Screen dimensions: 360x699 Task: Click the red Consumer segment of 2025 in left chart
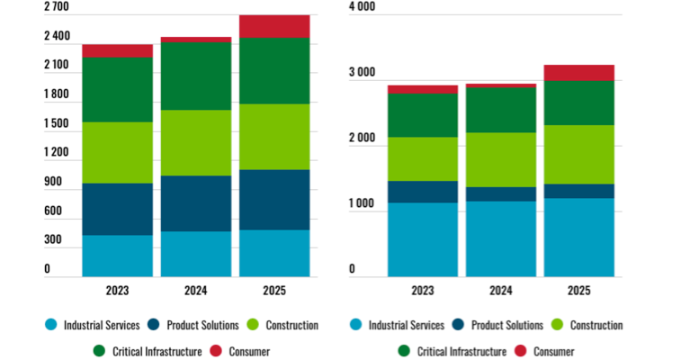(x=274, y=26)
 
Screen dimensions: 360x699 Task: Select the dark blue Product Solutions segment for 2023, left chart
(x=117, y=209)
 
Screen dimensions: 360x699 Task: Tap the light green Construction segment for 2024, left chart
(x=196, y=142)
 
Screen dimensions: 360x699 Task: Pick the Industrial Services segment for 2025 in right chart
(x=579, y=237)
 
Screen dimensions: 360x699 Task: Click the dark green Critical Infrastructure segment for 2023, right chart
(x=423, y=115)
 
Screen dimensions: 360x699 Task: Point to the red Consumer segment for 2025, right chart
(x=579, y=73)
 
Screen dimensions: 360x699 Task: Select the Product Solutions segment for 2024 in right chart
(x=501, y=193)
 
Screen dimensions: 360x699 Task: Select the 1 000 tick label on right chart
(x=363, y=204)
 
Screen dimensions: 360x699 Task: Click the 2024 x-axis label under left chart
(x=196, y=291)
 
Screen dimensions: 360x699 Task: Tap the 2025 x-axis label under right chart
(x=579, y=291)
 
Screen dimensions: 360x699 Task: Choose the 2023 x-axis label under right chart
(x=423, y=291)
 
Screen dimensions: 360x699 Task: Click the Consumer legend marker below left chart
(x=216, y=351)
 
